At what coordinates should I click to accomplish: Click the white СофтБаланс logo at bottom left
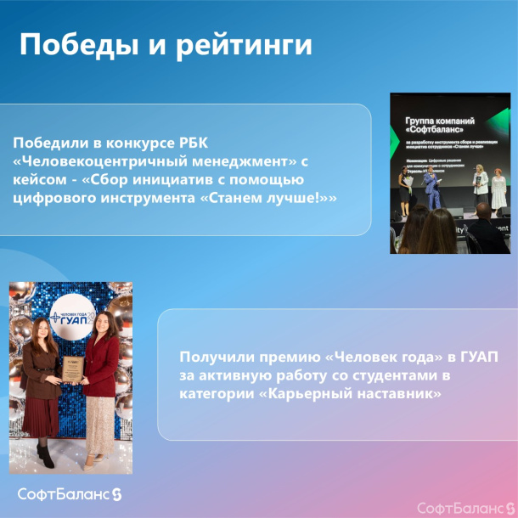70,494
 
